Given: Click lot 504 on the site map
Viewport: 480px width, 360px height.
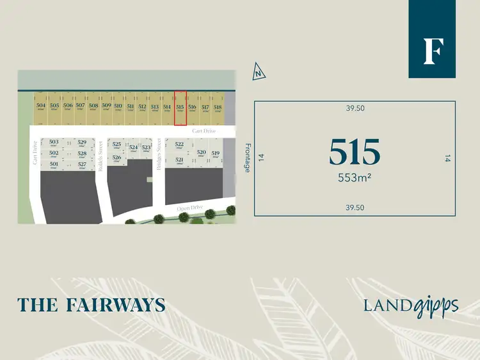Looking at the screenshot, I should click(41, 107).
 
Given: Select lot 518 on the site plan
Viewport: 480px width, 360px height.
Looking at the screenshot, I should click(218, 108).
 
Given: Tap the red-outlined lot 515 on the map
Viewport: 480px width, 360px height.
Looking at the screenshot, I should click(180, 108).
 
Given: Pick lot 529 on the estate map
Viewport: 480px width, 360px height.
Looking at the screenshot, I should click(82, 143).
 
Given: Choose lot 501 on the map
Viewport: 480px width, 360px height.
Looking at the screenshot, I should click(54, 165).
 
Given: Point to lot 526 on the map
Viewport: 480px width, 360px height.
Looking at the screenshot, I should click(116, 158).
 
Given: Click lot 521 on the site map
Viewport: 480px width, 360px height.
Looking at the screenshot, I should click(180, 161).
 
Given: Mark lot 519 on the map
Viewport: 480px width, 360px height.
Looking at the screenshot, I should click(216, 154).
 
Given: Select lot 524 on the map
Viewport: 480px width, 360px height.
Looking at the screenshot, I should click(133, 148).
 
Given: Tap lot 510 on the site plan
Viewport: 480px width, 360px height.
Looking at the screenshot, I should click(118, 107).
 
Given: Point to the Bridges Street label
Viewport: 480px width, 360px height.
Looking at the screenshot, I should click(157, 153).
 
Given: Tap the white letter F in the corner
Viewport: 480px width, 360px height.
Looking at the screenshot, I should click(433, 52).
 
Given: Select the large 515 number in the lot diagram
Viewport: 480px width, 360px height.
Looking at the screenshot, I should click(355, 152).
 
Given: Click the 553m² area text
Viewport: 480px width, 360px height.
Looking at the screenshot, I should click(355, 179).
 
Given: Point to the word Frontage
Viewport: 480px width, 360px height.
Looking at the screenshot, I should click(247, 157).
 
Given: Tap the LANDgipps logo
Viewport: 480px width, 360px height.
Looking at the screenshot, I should click(411, 305).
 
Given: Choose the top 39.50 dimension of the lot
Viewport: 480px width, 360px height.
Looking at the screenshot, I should click(355, 108).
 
